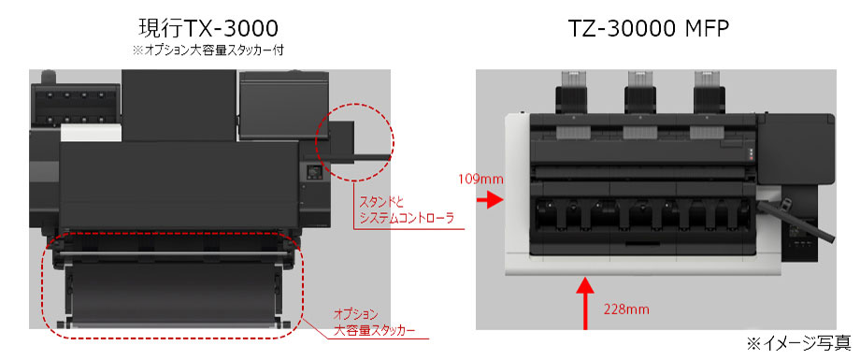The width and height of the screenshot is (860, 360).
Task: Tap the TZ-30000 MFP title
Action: coord(649,28)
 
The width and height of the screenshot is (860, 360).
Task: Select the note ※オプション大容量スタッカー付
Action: coord(208,50)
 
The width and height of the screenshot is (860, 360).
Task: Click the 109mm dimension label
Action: coord(481,179)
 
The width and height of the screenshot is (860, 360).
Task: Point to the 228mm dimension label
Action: coord(626,310)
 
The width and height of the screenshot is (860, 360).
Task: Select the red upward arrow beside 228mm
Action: coord(586,303)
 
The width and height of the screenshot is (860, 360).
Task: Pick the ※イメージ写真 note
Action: coord(798,343)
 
